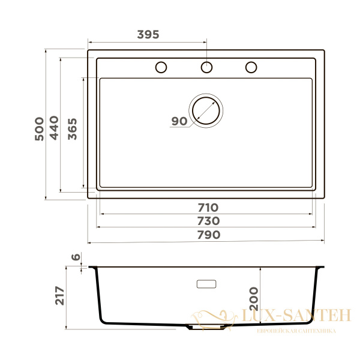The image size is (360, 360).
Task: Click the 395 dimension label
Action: [148, 34]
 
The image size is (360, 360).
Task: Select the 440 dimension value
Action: [54, 128]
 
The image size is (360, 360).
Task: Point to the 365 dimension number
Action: [72, 128]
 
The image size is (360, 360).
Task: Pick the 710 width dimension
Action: [208, 208]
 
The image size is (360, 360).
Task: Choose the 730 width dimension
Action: [208, 221]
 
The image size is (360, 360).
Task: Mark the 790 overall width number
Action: [208, 235]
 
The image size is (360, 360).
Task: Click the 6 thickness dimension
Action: [76, 257]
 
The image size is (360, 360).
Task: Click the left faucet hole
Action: [161, 67]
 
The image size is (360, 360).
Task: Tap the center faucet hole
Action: [206, 67]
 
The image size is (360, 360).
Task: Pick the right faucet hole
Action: [251, 67]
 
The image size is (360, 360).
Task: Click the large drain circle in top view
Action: [206, 110]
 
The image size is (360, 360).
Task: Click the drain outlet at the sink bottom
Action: [206, 328]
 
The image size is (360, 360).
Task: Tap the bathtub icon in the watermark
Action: [211, 317]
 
